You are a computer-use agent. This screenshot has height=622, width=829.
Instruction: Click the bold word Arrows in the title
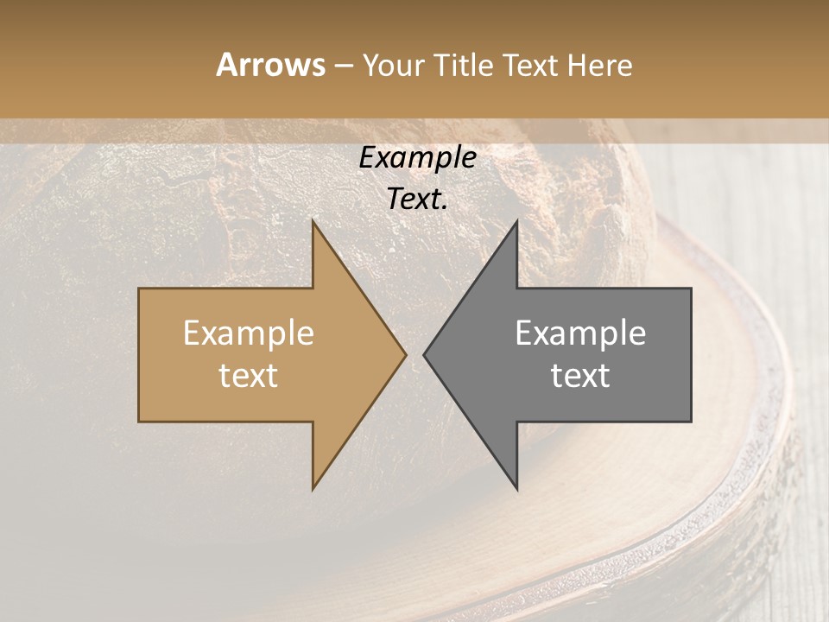pos(270,65)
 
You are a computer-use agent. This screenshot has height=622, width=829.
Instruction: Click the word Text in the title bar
pos(530,66)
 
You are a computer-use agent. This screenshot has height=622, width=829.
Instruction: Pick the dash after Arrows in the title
pos(343,66)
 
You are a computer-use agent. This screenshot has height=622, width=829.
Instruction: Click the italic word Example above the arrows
pos(417,158)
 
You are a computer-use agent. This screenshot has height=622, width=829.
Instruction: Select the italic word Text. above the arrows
pos(417,200)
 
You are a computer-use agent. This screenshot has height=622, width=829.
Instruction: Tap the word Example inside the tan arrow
pos(249,333)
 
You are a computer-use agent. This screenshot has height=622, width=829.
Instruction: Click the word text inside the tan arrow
pos(249,376)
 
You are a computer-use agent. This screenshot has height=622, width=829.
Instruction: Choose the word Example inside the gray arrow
pos(580,333)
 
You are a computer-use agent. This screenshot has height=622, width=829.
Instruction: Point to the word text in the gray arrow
pos(580,376)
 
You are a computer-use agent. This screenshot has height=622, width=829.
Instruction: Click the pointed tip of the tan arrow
pos(404,354)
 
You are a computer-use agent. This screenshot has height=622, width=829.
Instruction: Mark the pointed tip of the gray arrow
pos(425,354)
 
